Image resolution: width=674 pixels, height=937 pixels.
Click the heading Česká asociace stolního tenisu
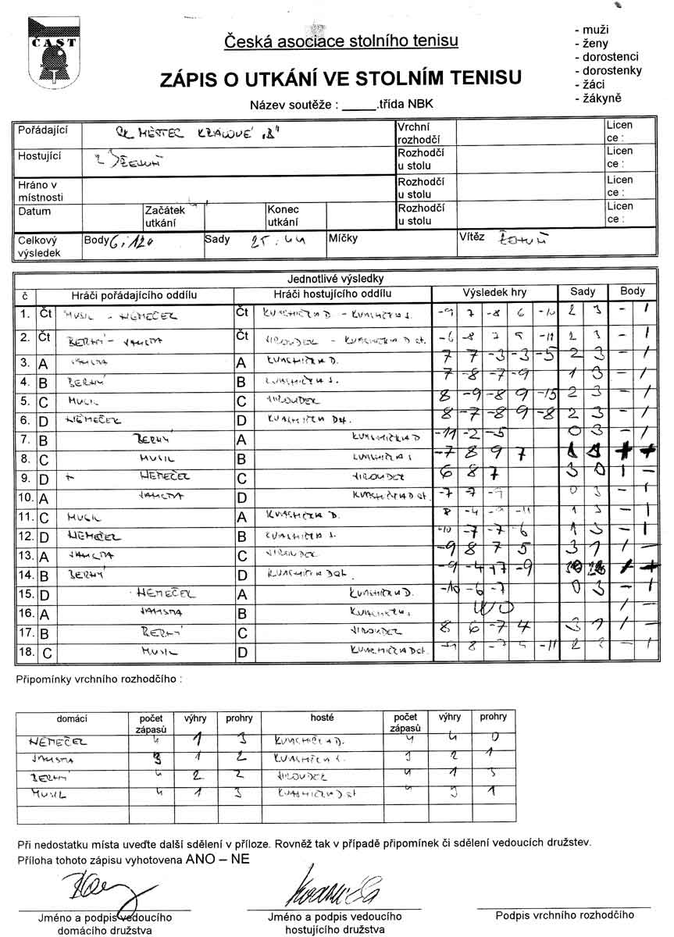[x=341, y=41]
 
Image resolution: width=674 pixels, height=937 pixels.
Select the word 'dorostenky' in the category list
[x=607, y=70]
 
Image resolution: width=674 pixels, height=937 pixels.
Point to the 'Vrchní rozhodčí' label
[x=414, y=132]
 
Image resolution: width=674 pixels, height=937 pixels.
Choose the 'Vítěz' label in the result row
[x=472, y=237]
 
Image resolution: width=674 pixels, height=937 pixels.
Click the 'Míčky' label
[x=343, y=238]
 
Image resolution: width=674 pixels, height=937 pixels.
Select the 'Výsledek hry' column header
[x=494, y=293]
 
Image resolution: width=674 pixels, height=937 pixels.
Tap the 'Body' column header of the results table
[x=633, y=291]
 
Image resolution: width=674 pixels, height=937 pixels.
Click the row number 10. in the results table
[x=26, y=497]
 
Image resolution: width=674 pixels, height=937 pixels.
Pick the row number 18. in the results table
[x=26, y=649]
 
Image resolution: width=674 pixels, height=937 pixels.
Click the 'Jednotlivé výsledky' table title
[x=337, y=279]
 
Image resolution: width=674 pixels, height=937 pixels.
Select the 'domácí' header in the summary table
[x=72, y=718]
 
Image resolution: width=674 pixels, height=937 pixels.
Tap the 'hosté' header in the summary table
[x=322, y=718]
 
